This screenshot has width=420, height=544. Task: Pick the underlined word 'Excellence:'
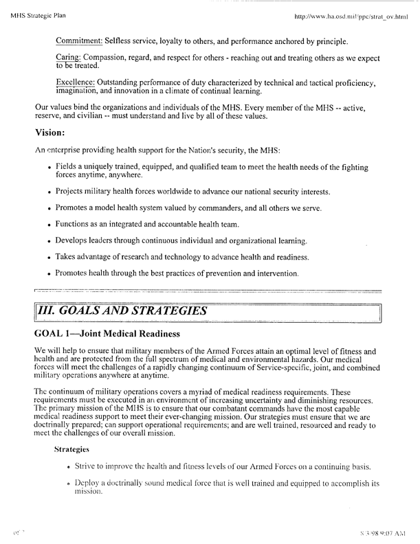click(79, 83)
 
